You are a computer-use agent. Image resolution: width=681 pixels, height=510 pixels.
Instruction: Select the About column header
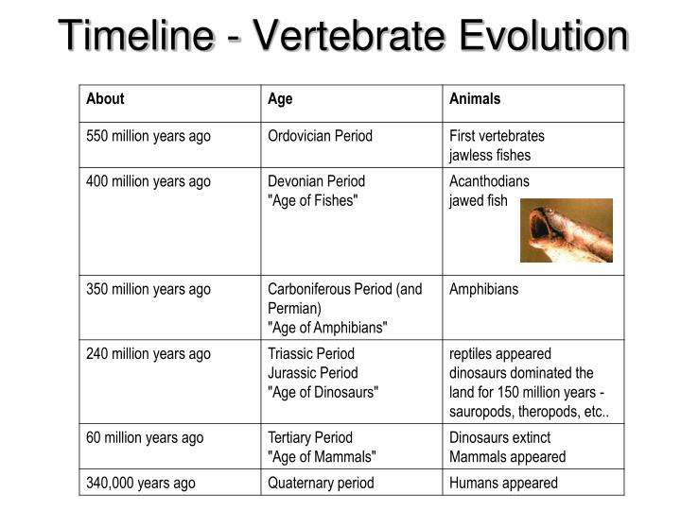tap(105, 98)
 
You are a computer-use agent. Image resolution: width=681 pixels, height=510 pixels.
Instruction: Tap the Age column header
tap(280, 98)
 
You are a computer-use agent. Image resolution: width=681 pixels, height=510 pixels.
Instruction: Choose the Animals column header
tap(475, 98)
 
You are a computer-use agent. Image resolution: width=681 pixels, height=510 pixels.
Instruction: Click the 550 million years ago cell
tap(148, 136)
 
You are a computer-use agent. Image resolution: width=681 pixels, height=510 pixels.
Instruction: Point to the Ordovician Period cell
tap(320, 136)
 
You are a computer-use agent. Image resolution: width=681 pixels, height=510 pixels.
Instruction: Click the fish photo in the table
tap(567, 229)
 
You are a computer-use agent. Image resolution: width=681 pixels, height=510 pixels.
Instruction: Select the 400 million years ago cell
tap(148, 181)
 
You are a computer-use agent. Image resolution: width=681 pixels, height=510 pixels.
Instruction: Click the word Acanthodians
tap(489, 181)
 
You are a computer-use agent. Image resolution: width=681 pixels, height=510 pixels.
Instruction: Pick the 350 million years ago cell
tap(148, 289)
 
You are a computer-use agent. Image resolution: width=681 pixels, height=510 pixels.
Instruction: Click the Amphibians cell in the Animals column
tap(483, 289)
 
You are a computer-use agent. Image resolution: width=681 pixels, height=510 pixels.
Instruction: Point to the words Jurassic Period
tap(312, 373)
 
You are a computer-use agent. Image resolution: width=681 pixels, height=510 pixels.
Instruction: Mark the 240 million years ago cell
tap(148, 354)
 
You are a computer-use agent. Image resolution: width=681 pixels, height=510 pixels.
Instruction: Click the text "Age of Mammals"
tap(322, 456)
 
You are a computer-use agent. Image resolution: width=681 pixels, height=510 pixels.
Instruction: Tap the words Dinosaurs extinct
tap(499, 437)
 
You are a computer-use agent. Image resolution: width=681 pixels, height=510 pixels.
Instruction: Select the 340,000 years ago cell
tap(141, 483)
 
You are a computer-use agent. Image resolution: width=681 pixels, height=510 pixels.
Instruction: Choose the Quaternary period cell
tap(321, 483)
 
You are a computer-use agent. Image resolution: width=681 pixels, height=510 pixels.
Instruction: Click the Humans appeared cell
tap(503, 483)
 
